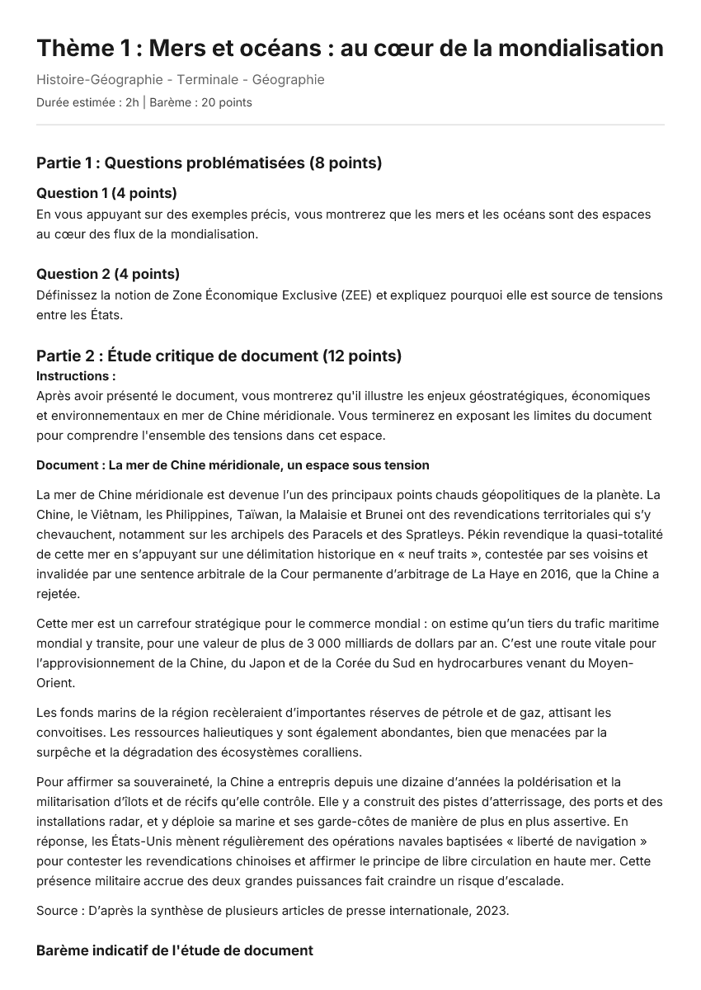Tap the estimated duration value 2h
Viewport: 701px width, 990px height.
pos(132,103)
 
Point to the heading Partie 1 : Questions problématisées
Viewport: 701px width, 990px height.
pos(209,163)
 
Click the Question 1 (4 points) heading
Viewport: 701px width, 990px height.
pos(106,193)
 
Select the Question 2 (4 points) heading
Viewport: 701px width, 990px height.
pos(108,274)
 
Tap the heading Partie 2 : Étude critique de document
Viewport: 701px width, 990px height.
pos(219,356)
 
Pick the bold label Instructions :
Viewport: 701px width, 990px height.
pos(76,376)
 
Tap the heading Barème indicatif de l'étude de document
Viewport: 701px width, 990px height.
pos(175,951)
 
